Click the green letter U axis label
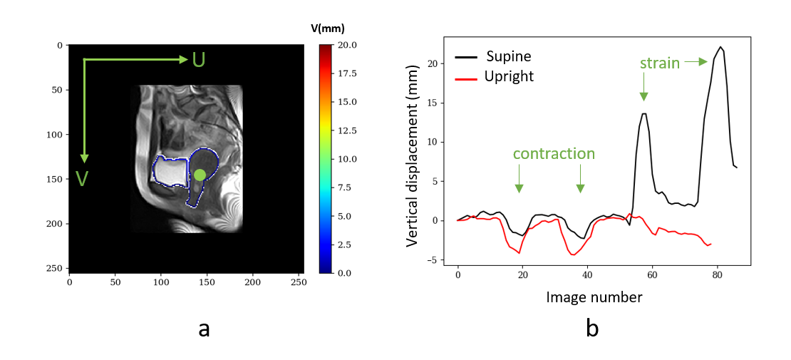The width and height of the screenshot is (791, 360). pos(199,60)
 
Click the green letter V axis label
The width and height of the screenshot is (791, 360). pos(83,178)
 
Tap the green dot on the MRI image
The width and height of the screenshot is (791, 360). pos(200,175)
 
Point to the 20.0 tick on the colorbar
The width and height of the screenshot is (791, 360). pos(347,45)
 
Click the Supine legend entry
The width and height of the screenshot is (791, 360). pos(508,56)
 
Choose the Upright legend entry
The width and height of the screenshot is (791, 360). pos(510,76)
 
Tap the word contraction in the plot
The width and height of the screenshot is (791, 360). pos(554,154)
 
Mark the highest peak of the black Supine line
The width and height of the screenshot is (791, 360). pos(721,47)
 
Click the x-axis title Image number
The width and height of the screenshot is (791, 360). pos(594,297)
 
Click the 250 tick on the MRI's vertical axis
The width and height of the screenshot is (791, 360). pos(57,268)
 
